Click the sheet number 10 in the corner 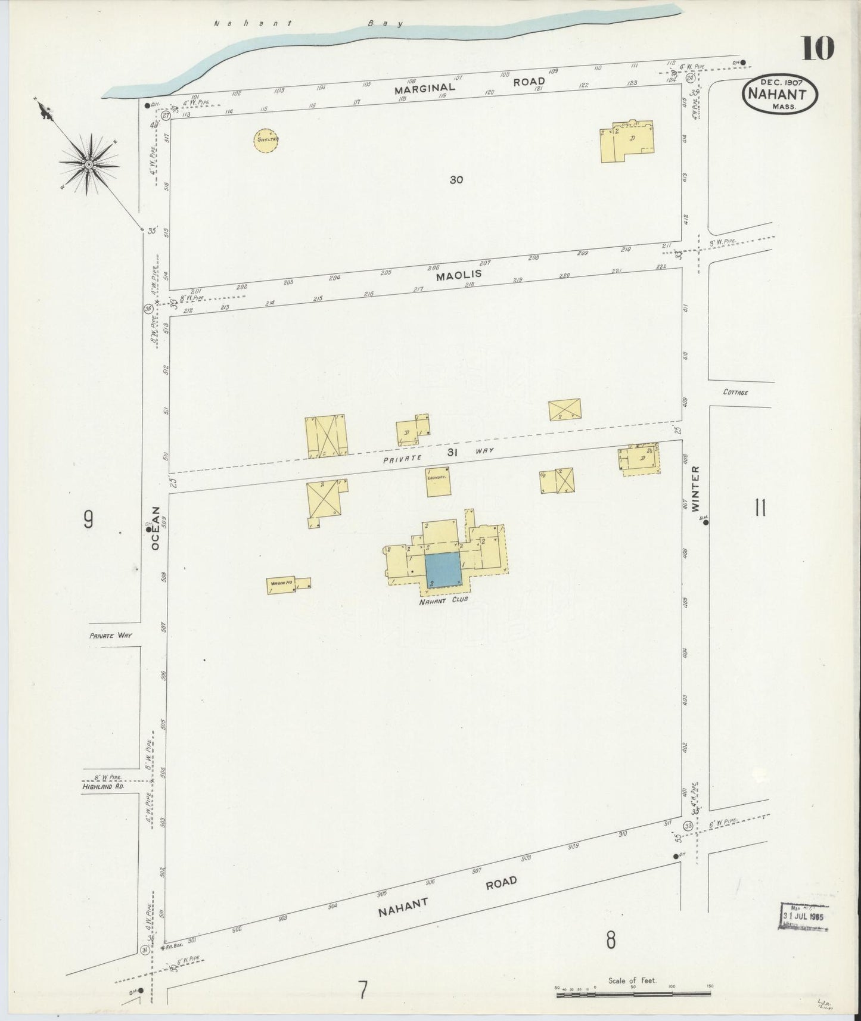(x=818, y=48)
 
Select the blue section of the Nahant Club (x=443, y=569)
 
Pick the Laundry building (x=437, y=482)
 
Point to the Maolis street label (x=458, y=276)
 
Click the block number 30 (x=456, y=179)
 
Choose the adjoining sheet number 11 (x=760, y=509)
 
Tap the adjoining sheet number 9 (x=89, y=520)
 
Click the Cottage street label (x=735, y=393)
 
